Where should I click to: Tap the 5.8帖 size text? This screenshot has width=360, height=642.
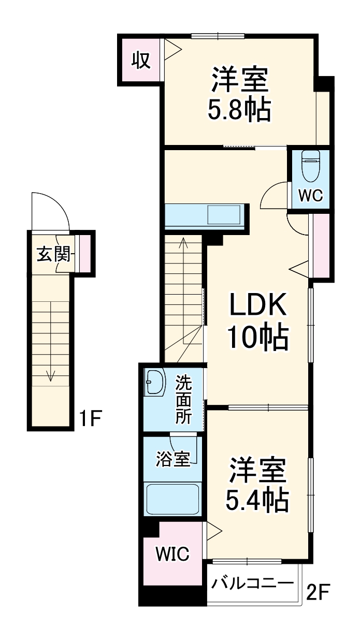[239, 110]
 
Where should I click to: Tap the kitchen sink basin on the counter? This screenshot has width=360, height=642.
[224, 215]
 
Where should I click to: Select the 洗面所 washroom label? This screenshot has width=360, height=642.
[183, 400]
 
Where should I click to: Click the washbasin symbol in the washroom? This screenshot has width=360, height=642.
[154, 383]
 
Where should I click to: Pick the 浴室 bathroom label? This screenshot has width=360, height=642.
[173, 459]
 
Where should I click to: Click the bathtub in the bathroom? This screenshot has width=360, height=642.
[172, 499]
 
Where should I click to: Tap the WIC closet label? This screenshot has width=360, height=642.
[172, 553]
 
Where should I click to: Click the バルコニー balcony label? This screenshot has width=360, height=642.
[252, 583]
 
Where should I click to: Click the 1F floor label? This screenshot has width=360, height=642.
[90, 418]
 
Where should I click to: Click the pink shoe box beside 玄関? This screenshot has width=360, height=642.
[84, 253]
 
